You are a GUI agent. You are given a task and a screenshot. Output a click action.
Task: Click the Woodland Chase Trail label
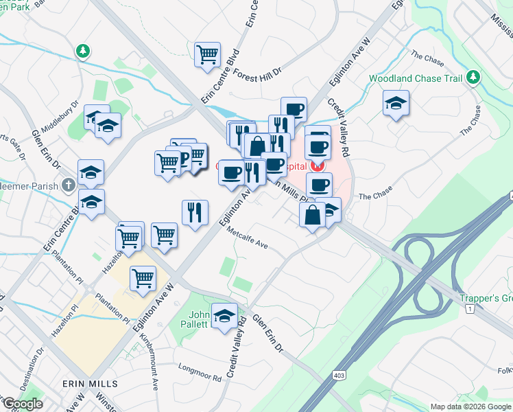[416, 78]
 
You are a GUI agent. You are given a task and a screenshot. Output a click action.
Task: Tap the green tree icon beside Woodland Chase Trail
[472, 77]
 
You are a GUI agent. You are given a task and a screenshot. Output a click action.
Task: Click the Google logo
[22, 404]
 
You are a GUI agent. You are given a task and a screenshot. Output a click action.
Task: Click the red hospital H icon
[318, 165]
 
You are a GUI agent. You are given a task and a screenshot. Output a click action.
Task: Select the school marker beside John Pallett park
[224, 316]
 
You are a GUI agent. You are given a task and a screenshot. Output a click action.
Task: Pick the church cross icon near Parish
[68, 185]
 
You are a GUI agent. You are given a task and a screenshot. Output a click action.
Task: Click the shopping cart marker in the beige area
[142, 279]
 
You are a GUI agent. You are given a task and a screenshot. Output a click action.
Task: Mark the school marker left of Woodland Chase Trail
[396, 104]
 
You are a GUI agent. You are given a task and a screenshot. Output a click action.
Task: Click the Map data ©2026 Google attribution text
[469, 407]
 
